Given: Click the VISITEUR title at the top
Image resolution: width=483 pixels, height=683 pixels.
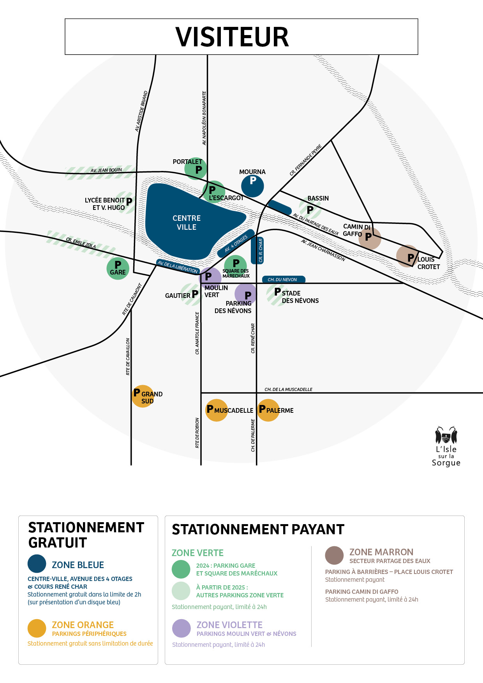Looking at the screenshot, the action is [232, 37].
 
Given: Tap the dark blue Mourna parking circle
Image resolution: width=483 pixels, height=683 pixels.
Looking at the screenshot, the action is [252, 186].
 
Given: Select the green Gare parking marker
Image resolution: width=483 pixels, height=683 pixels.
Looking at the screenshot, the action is [118, 268].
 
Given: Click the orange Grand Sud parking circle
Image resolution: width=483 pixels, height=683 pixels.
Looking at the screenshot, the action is [143, 397].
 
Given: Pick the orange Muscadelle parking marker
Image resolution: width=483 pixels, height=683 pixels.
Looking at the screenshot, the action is [216, 410].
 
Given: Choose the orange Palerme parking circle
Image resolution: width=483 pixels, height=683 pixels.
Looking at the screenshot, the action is [268, 410].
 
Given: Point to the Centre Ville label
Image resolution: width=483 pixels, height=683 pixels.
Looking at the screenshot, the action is [187, 223].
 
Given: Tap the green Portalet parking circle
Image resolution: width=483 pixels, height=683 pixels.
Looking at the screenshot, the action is [196, 168].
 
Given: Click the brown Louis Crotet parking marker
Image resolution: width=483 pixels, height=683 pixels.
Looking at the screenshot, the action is [407, 256].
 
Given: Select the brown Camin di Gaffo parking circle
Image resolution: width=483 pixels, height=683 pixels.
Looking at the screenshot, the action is [370, 238].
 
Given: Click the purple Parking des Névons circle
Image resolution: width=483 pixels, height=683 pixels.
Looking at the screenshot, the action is [246, 294].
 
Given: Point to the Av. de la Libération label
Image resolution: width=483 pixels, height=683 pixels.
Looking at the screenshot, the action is [178, 267].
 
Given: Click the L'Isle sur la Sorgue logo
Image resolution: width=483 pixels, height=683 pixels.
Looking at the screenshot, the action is [446, 446].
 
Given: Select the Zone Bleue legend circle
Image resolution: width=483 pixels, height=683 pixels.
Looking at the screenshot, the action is [37, 564].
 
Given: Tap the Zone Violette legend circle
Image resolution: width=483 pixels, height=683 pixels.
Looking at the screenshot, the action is [182, 628].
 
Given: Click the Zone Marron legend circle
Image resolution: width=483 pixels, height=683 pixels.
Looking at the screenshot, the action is [334, 555].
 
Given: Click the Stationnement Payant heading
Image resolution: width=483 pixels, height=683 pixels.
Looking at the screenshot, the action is [258, 530].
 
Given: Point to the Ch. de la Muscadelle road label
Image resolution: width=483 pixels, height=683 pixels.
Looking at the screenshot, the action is [289, 389].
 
